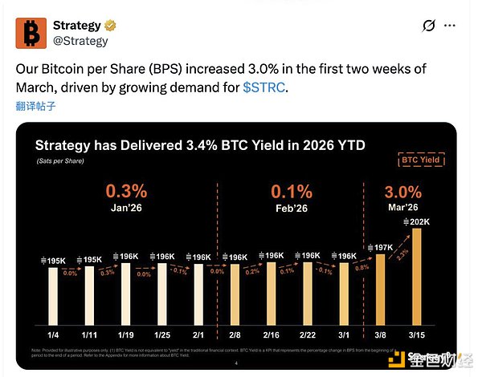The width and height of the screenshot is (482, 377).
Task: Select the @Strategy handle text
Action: click(x=80, y=40)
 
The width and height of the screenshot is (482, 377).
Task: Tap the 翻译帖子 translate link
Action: click(x=36, y=105)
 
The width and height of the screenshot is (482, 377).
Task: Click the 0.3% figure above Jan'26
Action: click(x=126, y=193)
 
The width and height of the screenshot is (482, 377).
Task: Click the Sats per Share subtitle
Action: click(x=60, y=161)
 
